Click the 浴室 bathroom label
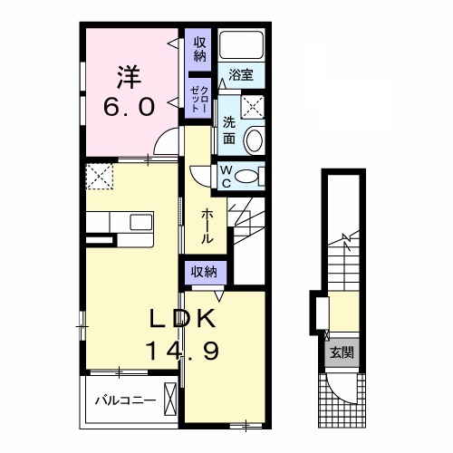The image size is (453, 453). click(241, 74)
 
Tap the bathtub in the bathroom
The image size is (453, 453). click(241, 44)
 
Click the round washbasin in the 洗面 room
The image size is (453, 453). click(255, 140)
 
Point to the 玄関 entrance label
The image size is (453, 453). click(342, 352)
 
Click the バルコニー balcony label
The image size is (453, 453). click(126, 400)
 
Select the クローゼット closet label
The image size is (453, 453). click(199, 99)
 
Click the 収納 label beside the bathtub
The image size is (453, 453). click(199, 49)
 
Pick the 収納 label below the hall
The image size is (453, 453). click(205, 272)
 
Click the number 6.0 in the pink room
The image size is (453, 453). click(130, 108)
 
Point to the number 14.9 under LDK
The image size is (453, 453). click(182, 351)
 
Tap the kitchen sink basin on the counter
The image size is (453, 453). click(141, 222)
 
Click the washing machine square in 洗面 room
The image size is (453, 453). click(253, 107)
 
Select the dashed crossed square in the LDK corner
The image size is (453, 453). click(100, 177)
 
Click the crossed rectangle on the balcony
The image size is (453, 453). click(170, 400)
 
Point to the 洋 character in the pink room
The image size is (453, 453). click(130, 77)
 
